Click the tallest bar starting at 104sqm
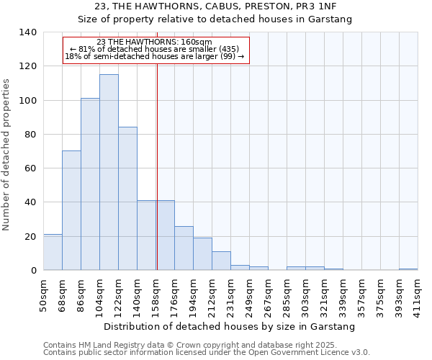[109, 173]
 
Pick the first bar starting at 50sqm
[53, 252]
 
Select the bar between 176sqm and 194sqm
[184, 248]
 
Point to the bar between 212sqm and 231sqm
[221, 261]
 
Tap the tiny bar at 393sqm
[408, 269]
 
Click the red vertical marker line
[157, 166]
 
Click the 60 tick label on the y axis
[31, 168]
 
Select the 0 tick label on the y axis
[34, 271]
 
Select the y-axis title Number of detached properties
[7, 154]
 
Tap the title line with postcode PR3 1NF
[216, 6]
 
